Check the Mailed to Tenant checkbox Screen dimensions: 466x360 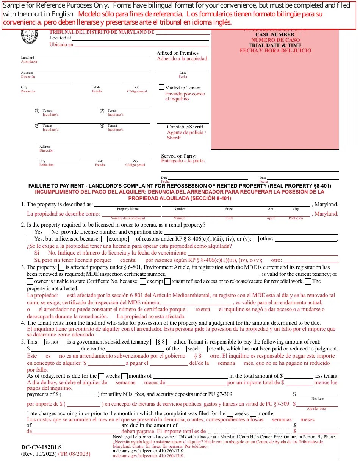(x=161, y=87)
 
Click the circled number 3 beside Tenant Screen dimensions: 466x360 (x=37, y=126)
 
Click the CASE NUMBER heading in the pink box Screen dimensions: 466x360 (x=275, y=35)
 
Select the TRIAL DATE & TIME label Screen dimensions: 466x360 (x=275, y=45)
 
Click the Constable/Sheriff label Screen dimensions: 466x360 (x=185, y=127)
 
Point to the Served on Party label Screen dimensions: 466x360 (x=178, y=156)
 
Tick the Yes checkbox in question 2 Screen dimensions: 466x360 (x=30, y=232)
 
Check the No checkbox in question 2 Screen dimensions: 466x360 (x=47, y=232)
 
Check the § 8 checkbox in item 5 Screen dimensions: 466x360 (x=153, y=342)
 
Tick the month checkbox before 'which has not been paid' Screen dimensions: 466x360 (x=205, y=349)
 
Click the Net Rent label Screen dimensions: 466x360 (x=318, y=399)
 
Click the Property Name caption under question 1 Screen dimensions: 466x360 (x=128, y=209)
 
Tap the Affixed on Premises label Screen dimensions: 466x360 (x=177, y=53)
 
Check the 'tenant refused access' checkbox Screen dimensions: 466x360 (x=167, y=281)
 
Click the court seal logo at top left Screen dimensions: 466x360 (x=30, y=36)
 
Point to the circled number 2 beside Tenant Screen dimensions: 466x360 (x=102, y=111)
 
